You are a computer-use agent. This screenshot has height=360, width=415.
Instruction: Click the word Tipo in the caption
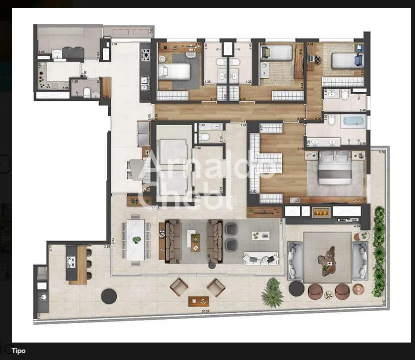[x=18, y=351]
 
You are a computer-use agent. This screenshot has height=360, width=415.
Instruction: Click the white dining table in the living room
[x=135, y=239]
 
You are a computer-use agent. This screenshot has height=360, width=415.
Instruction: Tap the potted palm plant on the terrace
[x=272, y=293]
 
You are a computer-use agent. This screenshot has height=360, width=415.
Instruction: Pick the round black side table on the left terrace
[x=109, y=296]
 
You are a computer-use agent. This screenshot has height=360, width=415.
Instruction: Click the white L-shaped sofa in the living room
[x=260, y=259]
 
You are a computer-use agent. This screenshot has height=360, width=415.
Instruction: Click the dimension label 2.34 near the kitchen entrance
[x=114, y=44]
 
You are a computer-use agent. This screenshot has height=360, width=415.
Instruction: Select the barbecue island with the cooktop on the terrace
[x=78, y=264]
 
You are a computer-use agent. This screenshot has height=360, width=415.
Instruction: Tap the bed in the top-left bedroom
[x=175, y=71]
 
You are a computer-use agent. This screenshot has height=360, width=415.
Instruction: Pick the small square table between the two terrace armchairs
[x=196, y=301]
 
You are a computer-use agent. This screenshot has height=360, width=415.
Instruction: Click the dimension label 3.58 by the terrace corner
[x=107, y=246]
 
